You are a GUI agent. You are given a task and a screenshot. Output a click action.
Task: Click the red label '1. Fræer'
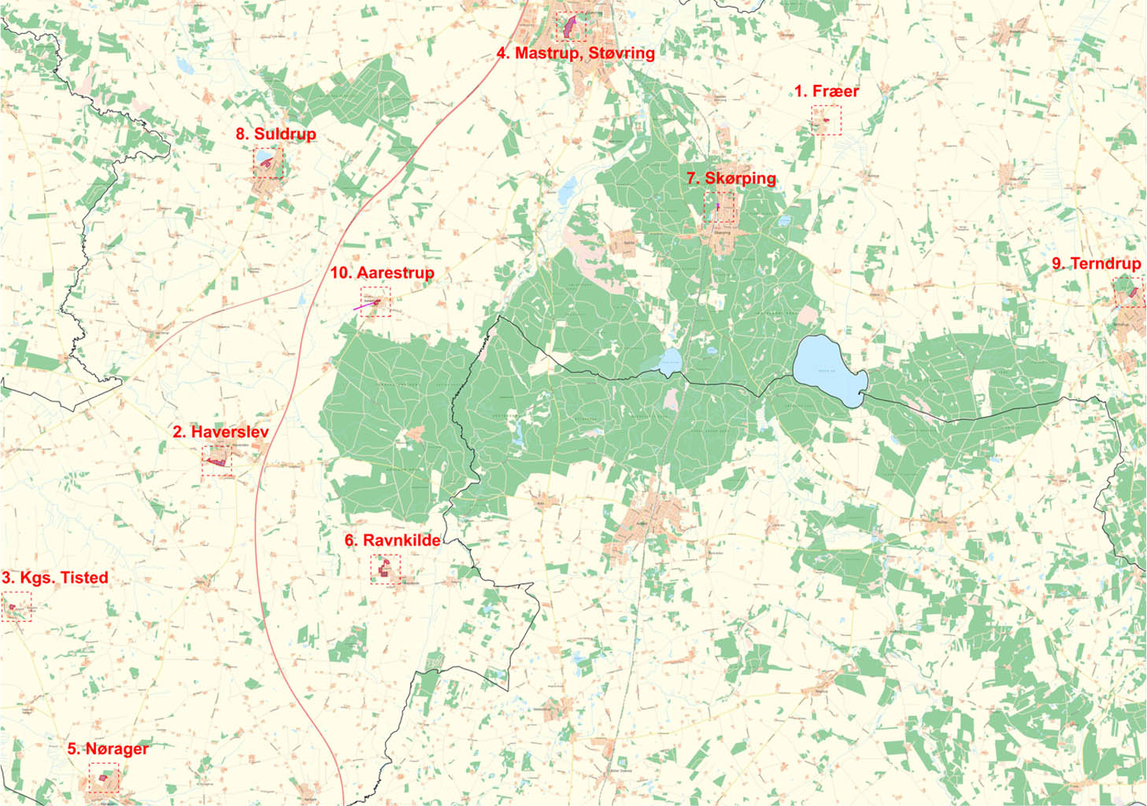[x=826, y=91]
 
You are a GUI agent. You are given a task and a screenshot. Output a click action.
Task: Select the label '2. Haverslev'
[x=220, y=432]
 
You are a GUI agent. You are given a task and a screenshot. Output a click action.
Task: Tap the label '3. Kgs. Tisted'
[x=55, y=578]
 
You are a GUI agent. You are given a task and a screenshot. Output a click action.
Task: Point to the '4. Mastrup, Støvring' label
[x=575, y=54]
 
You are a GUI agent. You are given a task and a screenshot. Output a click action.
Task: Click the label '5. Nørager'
[x=108, y=749]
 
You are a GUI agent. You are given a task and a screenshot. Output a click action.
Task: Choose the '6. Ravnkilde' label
[x=393, y=541]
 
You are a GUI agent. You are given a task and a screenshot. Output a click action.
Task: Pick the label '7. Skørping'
[x=731, y=179]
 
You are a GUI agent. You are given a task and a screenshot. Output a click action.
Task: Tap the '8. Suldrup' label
[x=276, y=134]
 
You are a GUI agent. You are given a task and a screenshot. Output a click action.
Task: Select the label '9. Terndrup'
[x=1096, y=264]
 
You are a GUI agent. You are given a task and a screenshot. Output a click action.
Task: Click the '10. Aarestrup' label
[x=382, y=273]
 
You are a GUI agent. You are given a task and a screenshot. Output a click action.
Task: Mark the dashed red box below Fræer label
[x=826, y=120]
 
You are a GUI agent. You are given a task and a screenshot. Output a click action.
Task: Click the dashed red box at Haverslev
[x=217, y=460]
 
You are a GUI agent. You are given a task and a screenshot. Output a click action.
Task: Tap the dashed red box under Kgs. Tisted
[x=17, y=608]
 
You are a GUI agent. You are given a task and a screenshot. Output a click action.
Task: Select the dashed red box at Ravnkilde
[x=385, y=568]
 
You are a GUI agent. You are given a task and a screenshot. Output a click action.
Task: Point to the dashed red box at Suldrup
[x=268, y=163]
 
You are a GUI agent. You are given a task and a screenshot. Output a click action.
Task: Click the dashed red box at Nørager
[x=103, y=777]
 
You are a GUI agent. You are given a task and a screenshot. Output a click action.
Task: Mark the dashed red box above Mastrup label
[x=570, y=26]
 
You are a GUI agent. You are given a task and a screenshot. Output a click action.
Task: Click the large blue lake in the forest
[x=828, y=369]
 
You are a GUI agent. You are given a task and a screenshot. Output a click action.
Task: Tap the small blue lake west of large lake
[x=671, y=363]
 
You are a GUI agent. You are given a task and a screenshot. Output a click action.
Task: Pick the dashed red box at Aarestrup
[x=376, y=301]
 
